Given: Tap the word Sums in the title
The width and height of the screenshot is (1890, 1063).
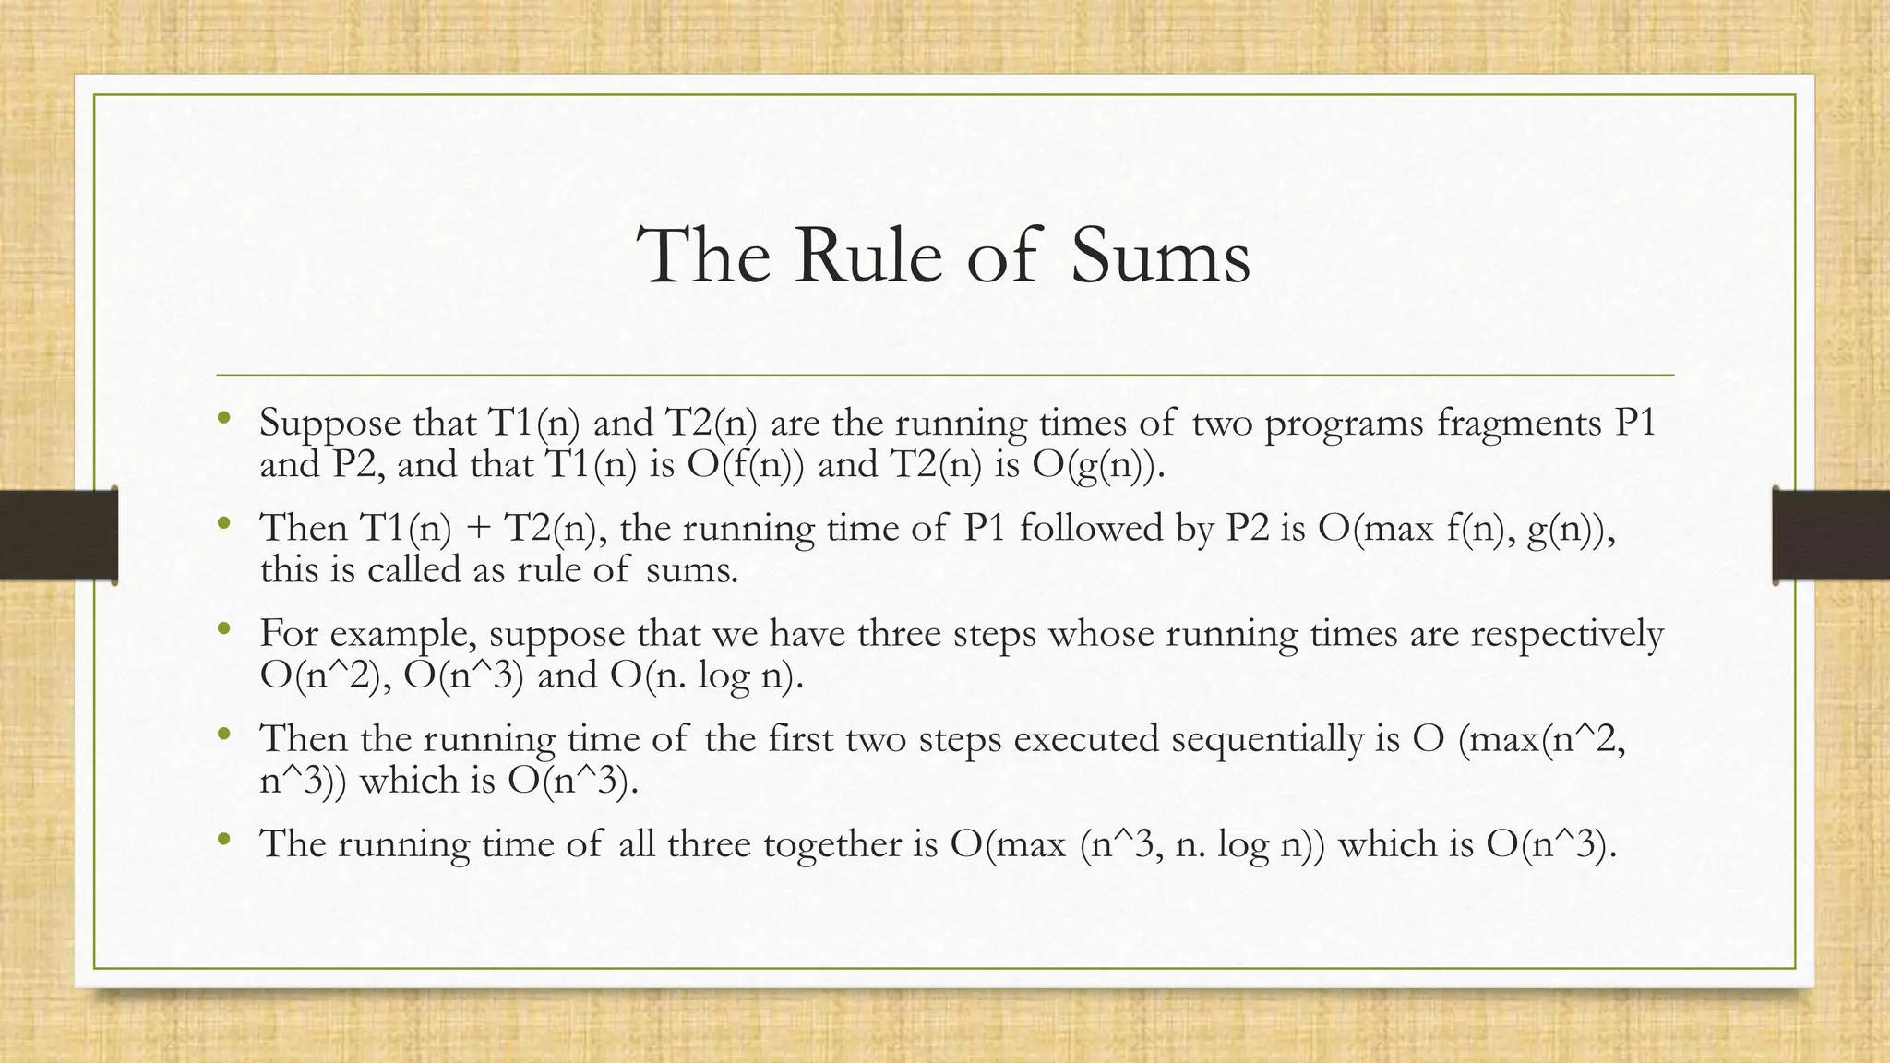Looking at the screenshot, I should [1160, 256].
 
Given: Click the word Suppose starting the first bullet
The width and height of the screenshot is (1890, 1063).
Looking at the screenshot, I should [329, 424].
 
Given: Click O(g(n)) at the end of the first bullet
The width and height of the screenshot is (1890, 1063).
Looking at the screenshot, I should [1093, 465].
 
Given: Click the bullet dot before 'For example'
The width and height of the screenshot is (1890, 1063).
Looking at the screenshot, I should [222, 631].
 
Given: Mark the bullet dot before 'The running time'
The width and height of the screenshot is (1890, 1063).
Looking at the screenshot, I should [222, 841].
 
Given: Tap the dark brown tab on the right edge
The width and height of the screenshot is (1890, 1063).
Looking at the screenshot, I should [1831, 535].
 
